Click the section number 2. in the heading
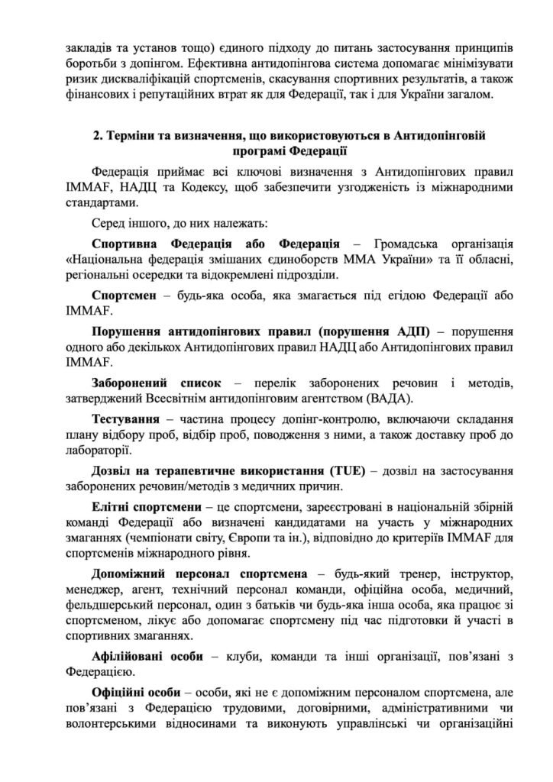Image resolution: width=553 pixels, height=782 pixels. point(97,135)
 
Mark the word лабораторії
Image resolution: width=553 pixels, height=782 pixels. point(100,458)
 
